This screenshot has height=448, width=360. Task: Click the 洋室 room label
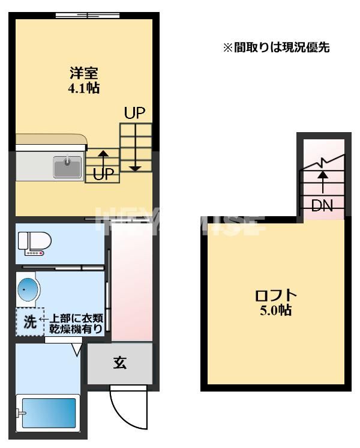[x=84, y=74]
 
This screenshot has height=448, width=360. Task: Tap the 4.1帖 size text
[x=84, y=88]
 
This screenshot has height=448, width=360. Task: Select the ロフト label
[x=276, y=295]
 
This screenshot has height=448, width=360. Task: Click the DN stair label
[x=322, y=205]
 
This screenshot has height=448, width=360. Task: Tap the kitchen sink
[x=67, y=166]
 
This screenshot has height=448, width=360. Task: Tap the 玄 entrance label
[x=120, y=363]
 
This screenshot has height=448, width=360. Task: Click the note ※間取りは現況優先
[x=277, y=47]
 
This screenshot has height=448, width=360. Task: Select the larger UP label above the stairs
[x=135, y=113]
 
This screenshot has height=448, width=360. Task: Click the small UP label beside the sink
[x=103, y=175]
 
